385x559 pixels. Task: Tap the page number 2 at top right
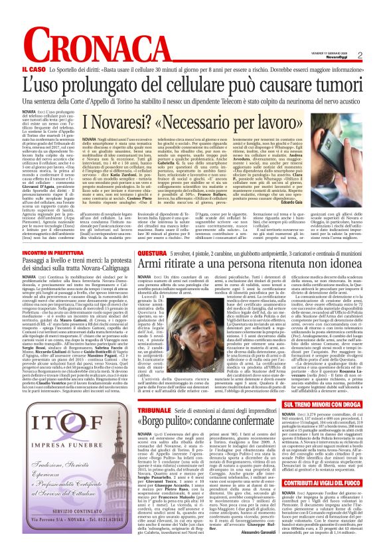(378, 55)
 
